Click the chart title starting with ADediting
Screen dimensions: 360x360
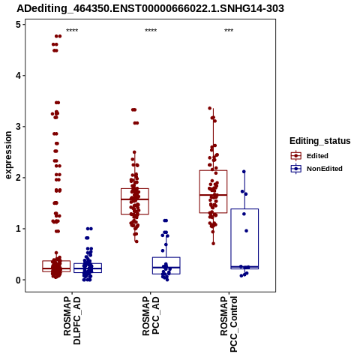(x=150, y=8)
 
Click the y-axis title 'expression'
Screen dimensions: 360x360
(x=8, y=155)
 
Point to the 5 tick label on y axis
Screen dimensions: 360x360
(x=19, y=25)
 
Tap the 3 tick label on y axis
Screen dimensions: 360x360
(x=19, y=127)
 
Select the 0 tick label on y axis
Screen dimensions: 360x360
(x=19, y=280)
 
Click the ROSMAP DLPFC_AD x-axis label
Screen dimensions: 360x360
(x=72, y=320)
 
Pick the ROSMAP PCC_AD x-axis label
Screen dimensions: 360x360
(x=151, y=316)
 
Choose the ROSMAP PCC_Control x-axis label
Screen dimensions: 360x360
(x=229, y=324)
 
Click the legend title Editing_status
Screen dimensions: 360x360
(x=320, y=141)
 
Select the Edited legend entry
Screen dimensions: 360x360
(x=317, y=156)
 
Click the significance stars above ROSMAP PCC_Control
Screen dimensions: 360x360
(x=229, y=31)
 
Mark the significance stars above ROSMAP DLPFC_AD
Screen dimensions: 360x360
(x=72, y=31)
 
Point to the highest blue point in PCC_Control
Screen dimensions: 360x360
(x=244, y=172)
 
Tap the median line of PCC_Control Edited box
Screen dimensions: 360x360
(x=213, y=195)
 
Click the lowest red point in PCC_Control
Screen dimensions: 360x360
(x=213, y=244)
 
